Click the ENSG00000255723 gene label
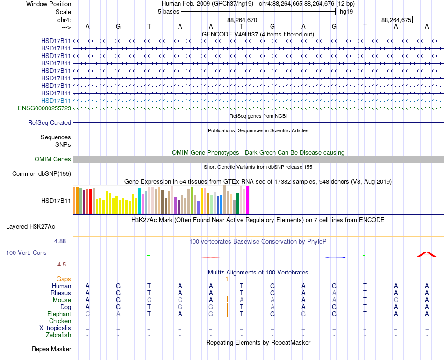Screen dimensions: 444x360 pyautogui.click(x=44, y=108)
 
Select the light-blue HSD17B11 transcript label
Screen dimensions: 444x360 pyautogui.click(x=56, y=101)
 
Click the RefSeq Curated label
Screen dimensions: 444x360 pyautogui.click(x=50, y=122)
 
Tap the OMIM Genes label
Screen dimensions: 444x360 pyautogui.click(x=53, y=159)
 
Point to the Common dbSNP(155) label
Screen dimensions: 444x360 pyautogui.click(x=42, y=173)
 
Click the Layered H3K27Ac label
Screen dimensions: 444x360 pyautogui.click(x=30, y=227)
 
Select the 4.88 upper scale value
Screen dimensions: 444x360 pyautogui.click(x=60, y=241)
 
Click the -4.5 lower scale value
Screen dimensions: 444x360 pyautogui.click(x=61, y=265)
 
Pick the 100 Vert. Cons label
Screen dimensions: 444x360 pyautogui.click(x=26, y=252)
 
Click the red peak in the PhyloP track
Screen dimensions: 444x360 pyautogui.click(x=426, y=254)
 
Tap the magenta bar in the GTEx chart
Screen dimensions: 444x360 pyautogui.click(x=248, y=200)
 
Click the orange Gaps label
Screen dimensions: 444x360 pyautogui.click(x=64, y=279)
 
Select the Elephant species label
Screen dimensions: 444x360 pyautogui.click(x=59, y=314)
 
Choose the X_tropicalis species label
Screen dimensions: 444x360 pyautogui.click(x=55, y=328)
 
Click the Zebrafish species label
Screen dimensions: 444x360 pyautogui.click(x=58, y=335)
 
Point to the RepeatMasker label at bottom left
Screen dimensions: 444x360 pyautogui.click(x=51, y=349)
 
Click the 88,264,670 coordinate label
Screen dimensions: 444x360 pyautogui.click(x=242, y=20)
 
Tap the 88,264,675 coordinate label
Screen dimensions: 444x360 pyautogui.click(x=396, y=20)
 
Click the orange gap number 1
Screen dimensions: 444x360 pyautogui.click(x=227, y=279)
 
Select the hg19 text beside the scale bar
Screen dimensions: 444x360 pyautogui.click(x=346, y=12)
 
